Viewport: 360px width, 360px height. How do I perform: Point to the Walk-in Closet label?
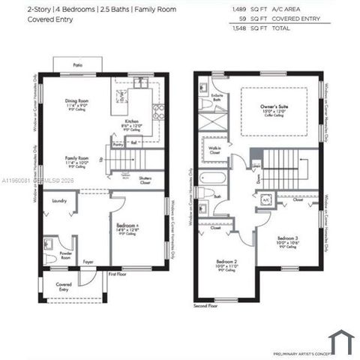coord(214,151)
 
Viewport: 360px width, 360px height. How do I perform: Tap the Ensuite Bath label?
coord(217,97)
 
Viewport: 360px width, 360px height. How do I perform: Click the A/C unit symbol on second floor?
coord(265,201)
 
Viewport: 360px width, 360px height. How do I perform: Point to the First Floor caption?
coord(118,275)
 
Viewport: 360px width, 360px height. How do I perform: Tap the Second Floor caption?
coord(205,306)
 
